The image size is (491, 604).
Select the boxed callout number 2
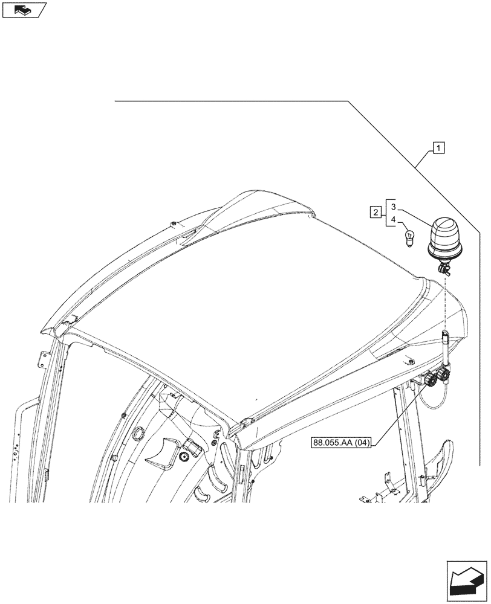[x=376, y=212]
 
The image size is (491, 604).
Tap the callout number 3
[x=393, y=207]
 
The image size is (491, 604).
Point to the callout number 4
[x=393, y=220]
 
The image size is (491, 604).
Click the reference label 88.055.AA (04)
[x=342, y=442]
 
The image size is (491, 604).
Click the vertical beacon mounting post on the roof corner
[x=446, y=351]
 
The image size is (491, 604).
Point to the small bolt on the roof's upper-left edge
[x=174, y=224]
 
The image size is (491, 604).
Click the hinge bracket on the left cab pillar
[x=42, y=359]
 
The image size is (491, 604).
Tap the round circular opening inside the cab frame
[x=138, y=433]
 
